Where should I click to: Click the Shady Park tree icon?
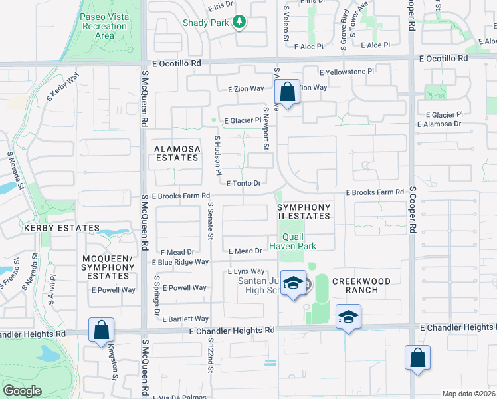point(239,23)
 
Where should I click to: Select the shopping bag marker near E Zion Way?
point(288,92)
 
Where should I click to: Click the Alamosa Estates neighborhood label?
point(176,153)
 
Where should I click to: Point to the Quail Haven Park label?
point(293,241)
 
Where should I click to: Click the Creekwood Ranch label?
point(355,285)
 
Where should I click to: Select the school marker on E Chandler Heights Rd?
point(348,317)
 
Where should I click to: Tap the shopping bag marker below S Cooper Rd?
point(417,358)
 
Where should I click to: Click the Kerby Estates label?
point(52,228)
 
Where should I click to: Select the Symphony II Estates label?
point(304,211)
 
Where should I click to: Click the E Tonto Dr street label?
point(247,183)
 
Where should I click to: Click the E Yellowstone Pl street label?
point(346,72)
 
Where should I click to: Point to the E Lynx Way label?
point(247,271)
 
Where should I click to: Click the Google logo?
point(22,391)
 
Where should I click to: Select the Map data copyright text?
point(469,394)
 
